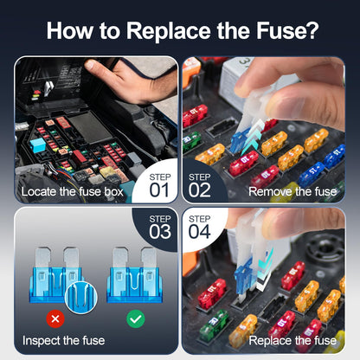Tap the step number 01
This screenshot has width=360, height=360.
(x=160, y=189)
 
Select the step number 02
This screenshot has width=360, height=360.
(x=201, y=189)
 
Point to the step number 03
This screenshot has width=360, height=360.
(x=160, y=231)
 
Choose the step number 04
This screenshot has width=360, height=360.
(x=201, y=231)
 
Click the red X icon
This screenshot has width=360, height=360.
(x=55, y=319)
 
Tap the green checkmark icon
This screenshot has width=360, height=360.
(x=135, y=319)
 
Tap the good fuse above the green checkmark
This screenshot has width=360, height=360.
(x=135, y=273)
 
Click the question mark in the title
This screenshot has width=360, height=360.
(x=309, y=32)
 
